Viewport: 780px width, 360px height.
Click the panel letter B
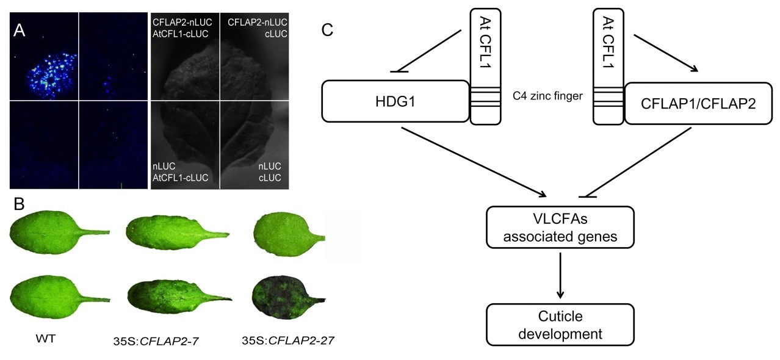pyautogui.click(x=19, y=203)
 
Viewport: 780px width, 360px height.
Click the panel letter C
pyautogui.click(x=327, y=29)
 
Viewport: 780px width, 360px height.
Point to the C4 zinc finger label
pyautogui.click(x=547, y=96)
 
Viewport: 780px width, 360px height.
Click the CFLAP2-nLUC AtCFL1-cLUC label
pyautogui.click(x=182, y=28)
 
